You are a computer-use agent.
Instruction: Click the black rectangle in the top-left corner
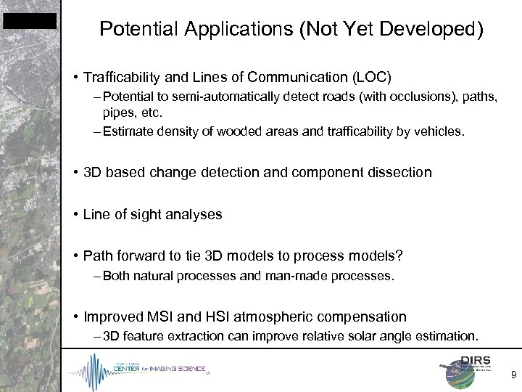[x=29, y=22]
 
